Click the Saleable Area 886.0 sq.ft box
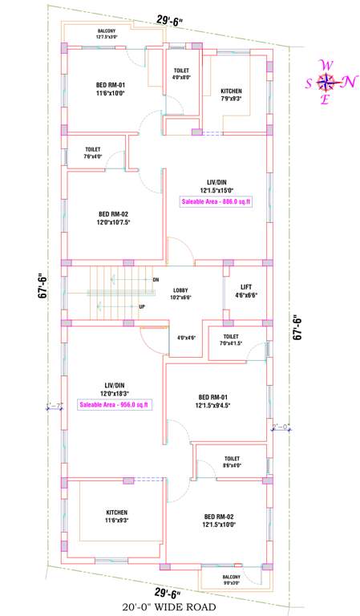click(216, 202)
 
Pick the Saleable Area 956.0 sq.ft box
click(113, 405)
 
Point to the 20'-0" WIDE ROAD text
click(169, 608)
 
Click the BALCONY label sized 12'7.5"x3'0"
click(107, 34)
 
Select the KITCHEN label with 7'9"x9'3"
click(231, 95)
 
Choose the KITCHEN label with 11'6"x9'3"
click(116, 516)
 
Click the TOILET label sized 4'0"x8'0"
click(181, 74)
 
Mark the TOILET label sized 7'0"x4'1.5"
click(230, 340)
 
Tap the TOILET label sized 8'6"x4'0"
click(233, 461)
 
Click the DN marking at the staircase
click(156, 280)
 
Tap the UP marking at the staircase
click(142, 306)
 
